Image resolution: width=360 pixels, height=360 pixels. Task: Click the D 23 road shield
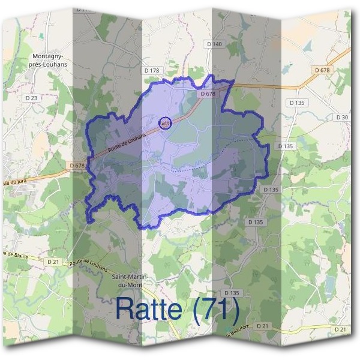tap(32, 97)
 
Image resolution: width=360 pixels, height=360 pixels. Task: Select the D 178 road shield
tap(152, 71)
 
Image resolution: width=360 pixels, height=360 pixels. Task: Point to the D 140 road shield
tap(214, 44)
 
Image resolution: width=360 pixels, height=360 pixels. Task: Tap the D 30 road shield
tap(342, 117)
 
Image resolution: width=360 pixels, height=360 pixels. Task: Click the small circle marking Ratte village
tap(166, 123)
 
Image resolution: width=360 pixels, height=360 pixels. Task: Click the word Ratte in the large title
tap(149, 308)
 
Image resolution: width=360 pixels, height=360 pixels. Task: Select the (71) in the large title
tap(213, 308)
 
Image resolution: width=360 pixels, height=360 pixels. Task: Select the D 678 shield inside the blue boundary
tap(208, 94)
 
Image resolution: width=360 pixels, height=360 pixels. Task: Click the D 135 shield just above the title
tap(233, 293)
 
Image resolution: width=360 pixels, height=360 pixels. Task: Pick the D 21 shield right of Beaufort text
tap(262, 325)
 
